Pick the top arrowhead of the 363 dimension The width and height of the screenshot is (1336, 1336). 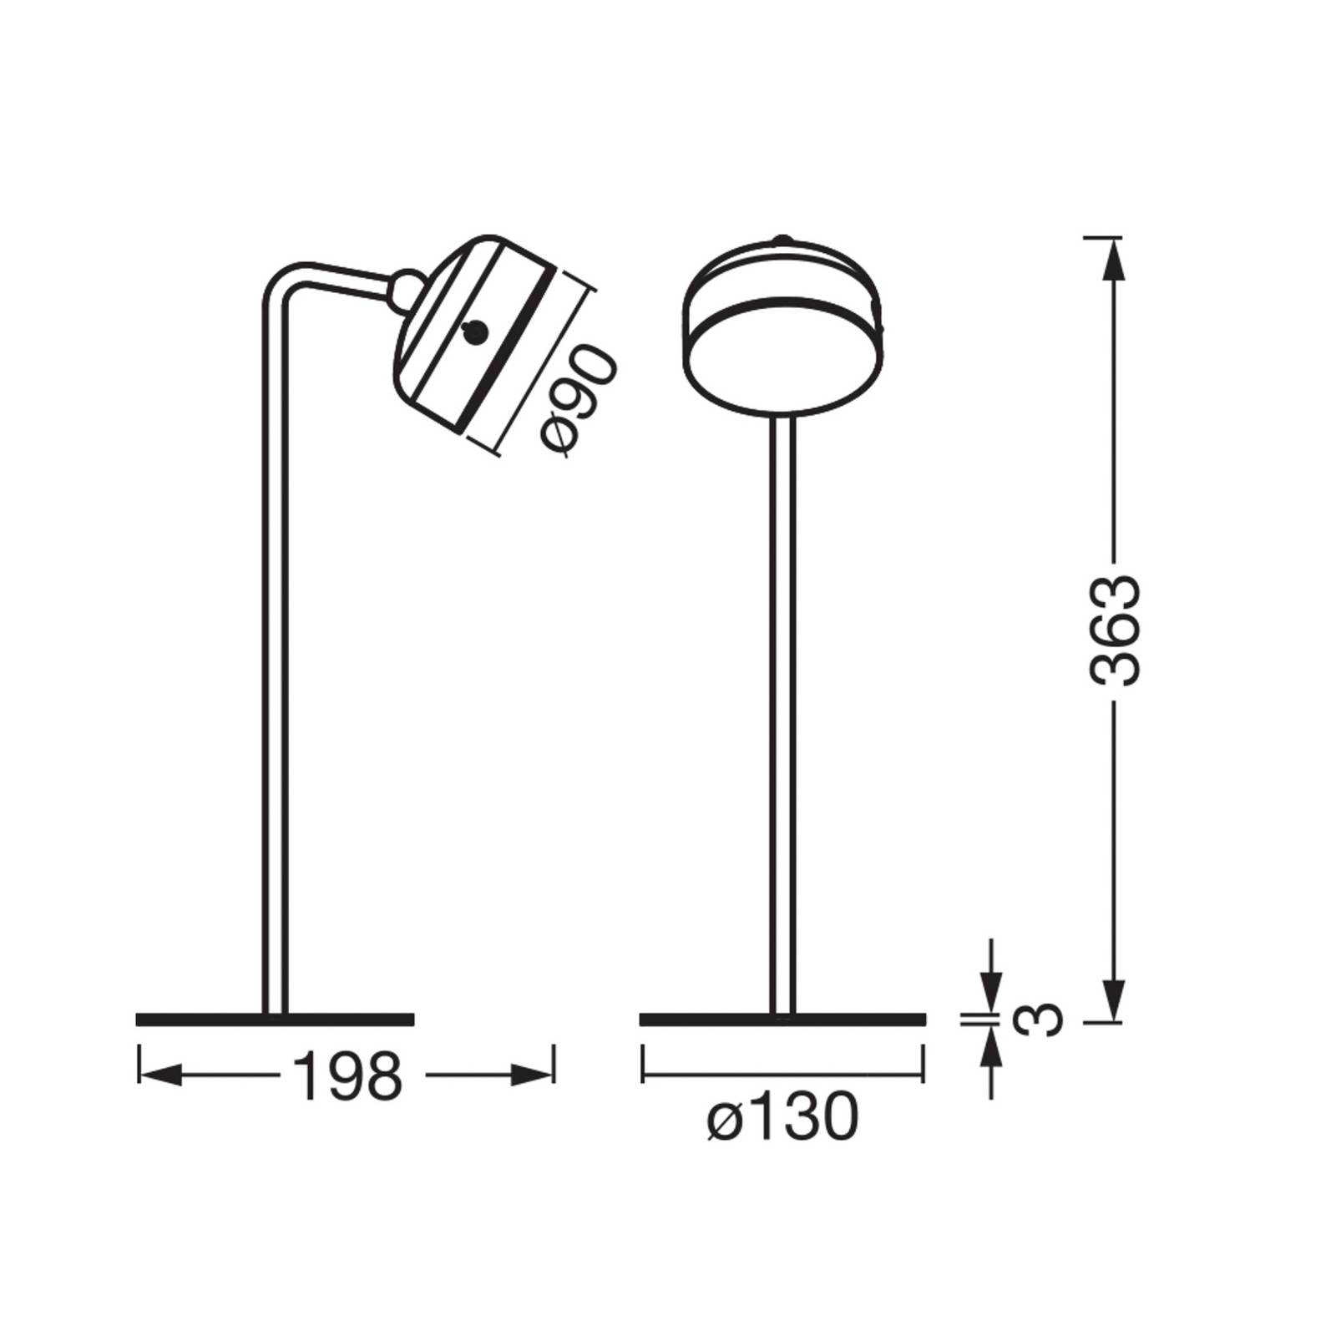1114,261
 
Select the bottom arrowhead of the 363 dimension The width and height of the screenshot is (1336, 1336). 1114,999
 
